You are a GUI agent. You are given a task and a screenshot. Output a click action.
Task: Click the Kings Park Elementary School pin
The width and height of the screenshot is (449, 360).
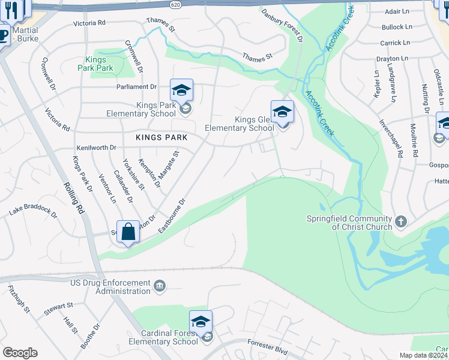click(181, 91)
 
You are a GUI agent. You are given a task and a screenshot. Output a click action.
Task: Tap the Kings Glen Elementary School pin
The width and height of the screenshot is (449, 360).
click(282, 112)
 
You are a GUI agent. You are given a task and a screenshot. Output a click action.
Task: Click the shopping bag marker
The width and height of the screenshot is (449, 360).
click(129, 232)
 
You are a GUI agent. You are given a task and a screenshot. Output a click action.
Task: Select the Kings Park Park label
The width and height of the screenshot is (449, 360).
click(95, 64)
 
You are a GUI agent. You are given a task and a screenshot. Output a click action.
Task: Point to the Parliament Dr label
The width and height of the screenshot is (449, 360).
click(136, 86)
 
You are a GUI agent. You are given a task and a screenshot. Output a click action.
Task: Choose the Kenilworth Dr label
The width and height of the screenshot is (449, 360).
click(96, 148)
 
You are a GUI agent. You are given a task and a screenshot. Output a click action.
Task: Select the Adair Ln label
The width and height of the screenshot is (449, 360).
click(400, 11)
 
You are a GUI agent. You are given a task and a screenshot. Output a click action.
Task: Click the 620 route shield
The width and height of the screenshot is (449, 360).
click(175, 4)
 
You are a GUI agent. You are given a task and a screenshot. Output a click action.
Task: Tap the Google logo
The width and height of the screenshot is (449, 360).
click(20, 353)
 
